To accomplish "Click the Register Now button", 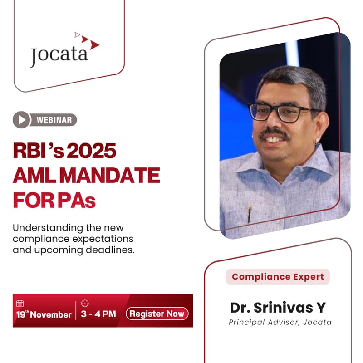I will [157, 314].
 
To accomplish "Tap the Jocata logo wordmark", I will [59, 55].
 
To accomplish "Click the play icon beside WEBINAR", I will [21, 120].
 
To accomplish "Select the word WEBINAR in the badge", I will [54, 120].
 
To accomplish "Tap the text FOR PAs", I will [54, 200].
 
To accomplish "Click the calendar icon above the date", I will [20, 304].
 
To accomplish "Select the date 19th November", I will [44, 314].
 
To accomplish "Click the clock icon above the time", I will [85, 303].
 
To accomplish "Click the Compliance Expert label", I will [278, 276].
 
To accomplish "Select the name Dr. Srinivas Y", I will [278, 307].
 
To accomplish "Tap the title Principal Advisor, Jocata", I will [280, 323].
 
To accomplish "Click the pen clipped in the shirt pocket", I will [249, 213].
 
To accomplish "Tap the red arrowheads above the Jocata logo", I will [88, 40].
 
